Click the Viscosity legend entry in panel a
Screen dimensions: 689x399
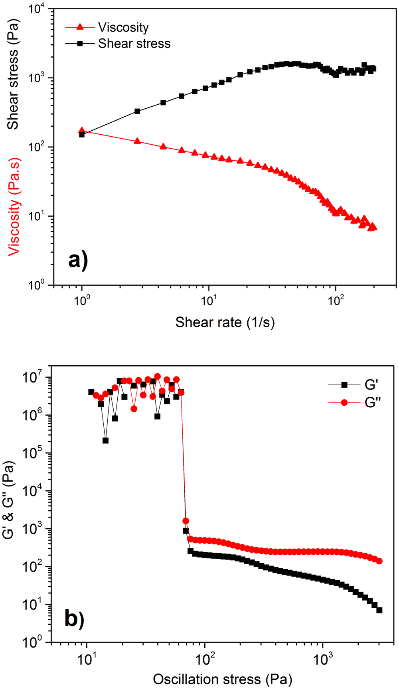pos(123,27)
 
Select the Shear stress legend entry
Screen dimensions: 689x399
pos(134,43)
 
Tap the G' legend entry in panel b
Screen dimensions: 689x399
pos(371,385)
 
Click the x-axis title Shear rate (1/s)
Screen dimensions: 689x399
pos(225,322)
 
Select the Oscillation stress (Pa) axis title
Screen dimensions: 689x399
pos(222,679)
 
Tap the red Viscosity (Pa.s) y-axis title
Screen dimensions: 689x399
pos(14,206)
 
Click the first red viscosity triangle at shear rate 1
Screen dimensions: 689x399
pos(82,130)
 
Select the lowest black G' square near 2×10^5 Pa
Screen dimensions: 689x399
pos(105,440)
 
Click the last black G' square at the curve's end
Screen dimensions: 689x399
pos(379,610)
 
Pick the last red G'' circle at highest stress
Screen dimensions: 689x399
pos(379,561)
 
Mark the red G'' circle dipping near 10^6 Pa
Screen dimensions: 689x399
pos(134,409)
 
